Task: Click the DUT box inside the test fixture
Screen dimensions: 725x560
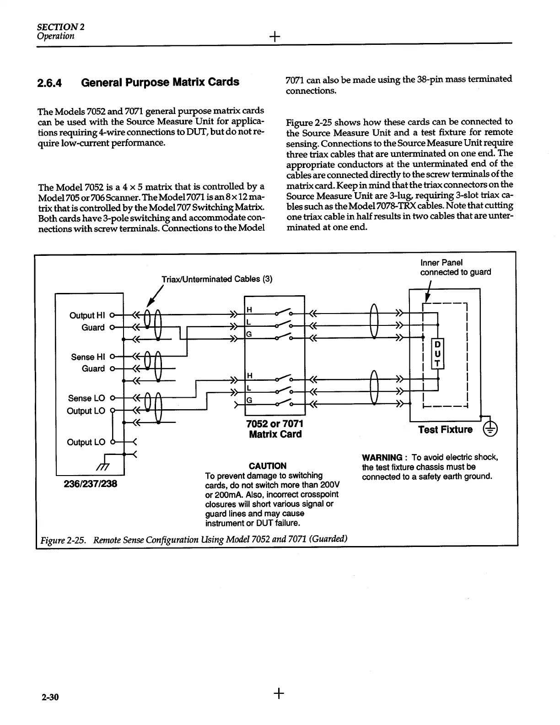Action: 438,354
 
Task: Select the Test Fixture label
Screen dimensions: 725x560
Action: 445,430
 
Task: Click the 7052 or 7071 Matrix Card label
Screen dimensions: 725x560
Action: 275,429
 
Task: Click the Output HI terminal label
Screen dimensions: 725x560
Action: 87,315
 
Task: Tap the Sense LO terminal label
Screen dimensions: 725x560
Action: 86,398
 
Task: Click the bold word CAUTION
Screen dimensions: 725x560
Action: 268,466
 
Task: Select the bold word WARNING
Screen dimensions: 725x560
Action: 382,457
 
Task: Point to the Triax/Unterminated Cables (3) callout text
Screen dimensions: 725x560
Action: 217,279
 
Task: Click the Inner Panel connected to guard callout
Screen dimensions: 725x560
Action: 455,267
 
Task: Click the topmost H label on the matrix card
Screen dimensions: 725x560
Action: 249,310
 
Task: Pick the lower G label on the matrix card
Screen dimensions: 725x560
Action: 249,400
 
